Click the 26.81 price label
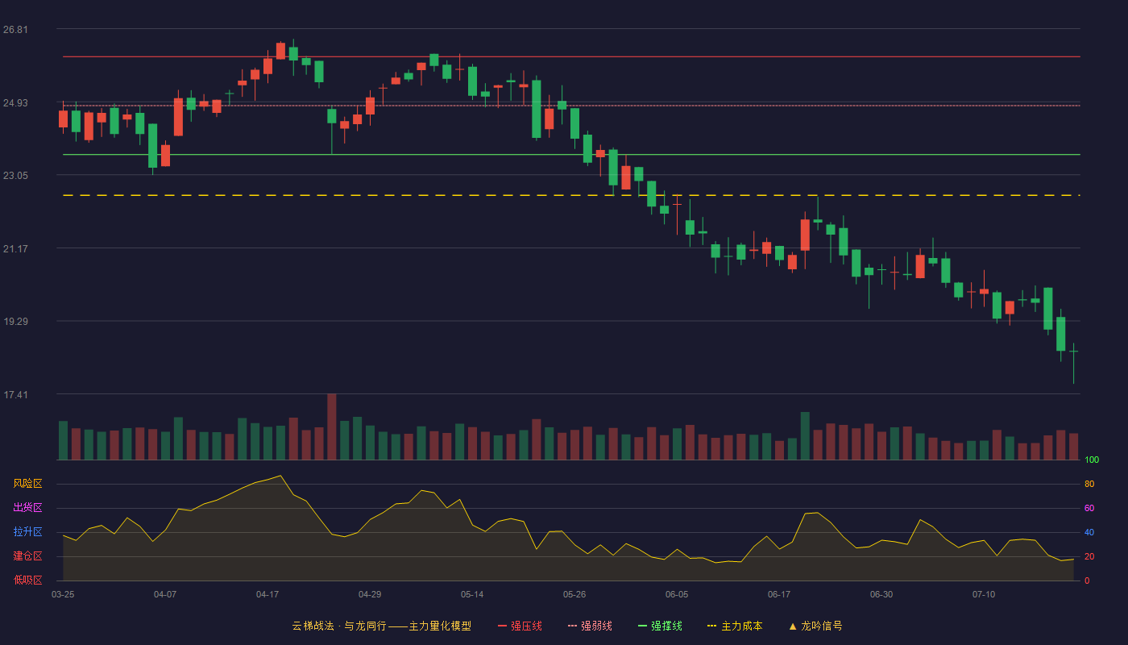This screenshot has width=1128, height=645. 15,30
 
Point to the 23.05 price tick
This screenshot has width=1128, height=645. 15,176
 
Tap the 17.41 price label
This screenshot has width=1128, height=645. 15,394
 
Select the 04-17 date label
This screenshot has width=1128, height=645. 267,595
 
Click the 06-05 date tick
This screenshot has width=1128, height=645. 677,595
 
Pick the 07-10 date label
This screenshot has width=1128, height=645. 984,595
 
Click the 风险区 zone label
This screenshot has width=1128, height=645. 27,484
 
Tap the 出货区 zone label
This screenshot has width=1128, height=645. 27,507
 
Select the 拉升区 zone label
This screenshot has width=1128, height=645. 27,531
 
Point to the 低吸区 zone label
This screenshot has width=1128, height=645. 27,580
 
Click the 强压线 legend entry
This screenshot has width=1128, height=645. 520,626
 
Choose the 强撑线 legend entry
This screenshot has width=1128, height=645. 660,626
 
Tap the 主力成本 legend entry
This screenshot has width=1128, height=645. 735,626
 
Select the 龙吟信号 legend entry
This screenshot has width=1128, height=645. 815,626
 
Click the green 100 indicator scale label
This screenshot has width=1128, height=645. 1092,460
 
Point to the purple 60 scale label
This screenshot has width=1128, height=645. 1089,508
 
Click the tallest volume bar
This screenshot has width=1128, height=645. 331,427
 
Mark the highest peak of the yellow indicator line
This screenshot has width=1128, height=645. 280,476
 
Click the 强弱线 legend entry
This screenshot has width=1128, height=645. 590,626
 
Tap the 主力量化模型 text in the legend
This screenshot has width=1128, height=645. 440,626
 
